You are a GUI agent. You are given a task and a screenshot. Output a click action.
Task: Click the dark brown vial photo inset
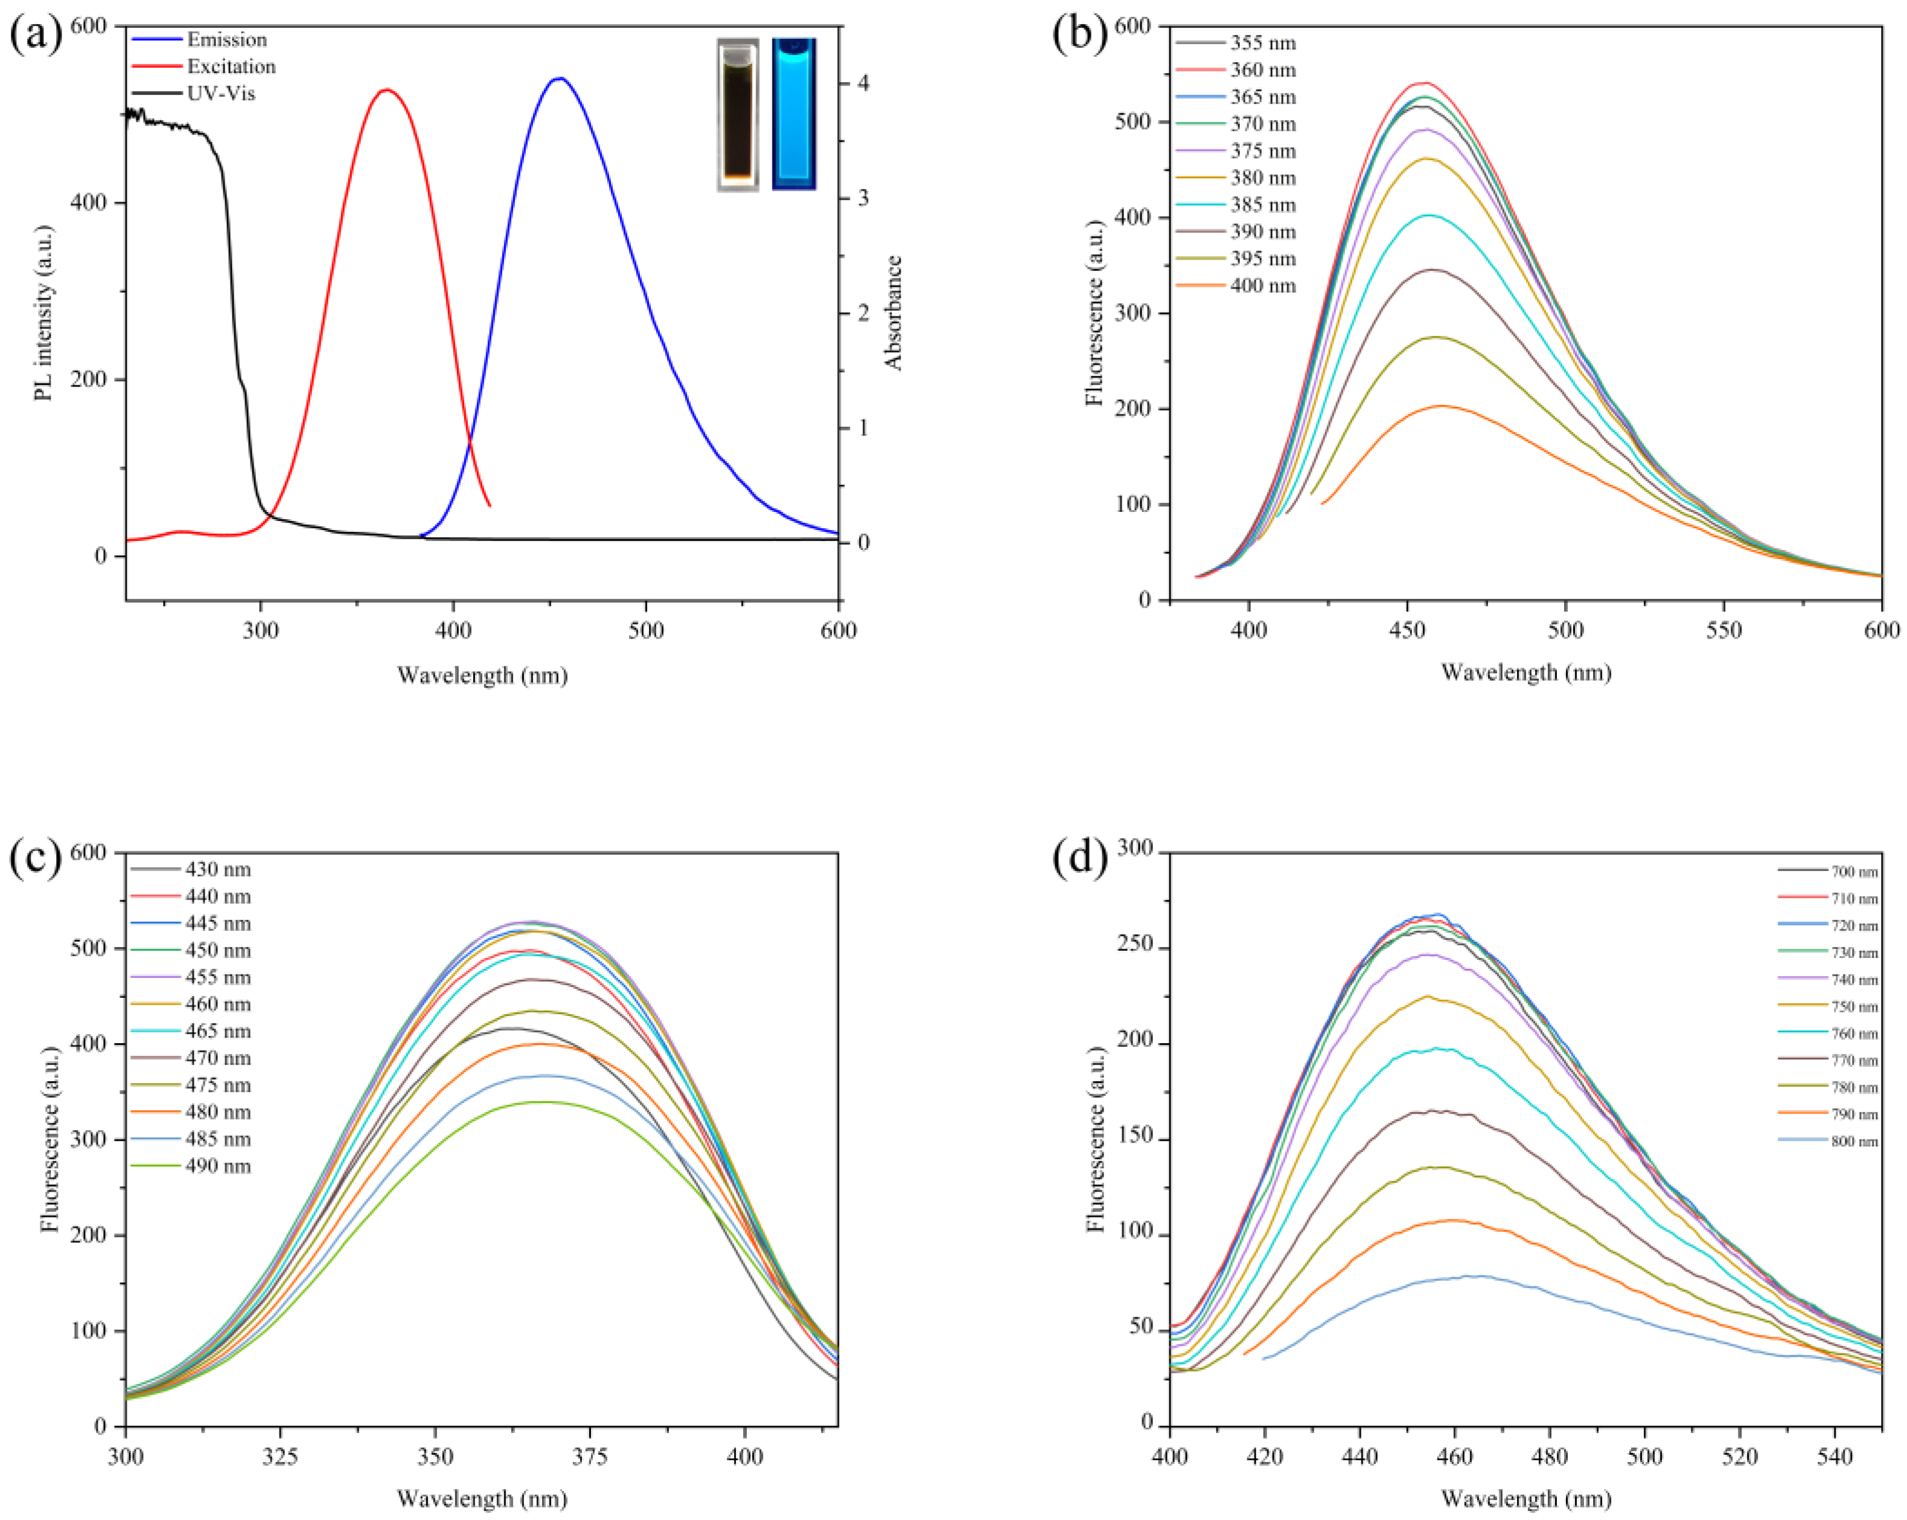(737, 115)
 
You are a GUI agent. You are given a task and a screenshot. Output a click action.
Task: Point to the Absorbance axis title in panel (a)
(893, 312)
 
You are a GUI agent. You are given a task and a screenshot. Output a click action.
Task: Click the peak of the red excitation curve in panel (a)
(386, 89)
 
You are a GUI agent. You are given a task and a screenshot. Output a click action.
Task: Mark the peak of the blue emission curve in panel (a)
(559, 78)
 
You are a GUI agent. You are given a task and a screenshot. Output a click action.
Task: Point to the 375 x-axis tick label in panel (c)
(589, 1457)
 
